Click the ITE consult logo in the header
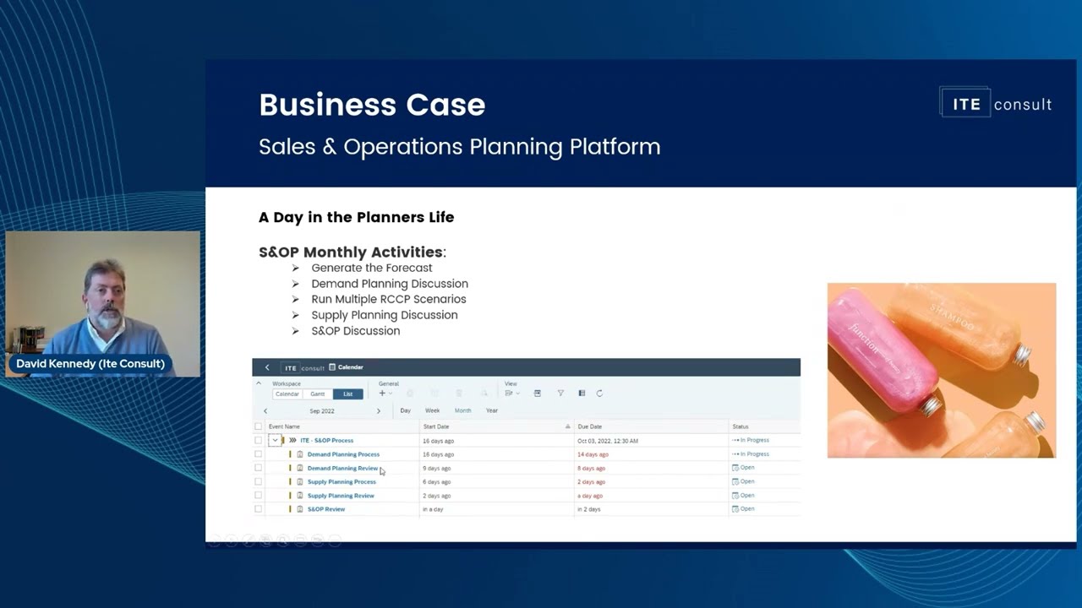point(996,104)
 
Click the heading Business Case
point(372,105)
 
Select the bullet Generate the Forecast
point(371,268)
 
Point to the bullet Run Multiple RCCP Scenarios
point(388,299)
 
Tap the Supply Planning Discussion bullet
point(384,315)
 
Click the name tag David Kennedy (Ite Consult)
point(90,364)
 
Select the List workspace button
point(347,394)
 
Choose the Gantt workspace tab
point(317,394)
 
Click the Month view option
point(462,410)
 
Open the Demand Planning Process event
point(343,454)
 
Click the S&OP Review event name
point(325,509)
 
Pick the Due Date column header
point(590,426)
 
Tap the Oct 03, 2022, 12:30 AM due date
point(608,441)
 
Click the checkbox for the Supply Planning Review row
point(259,496)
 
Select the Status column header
point(740,426)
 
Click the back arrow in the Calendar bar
point(267,367)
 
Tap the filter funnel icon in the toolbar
point(560,394)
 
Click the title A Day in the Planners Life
point(356,217)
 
